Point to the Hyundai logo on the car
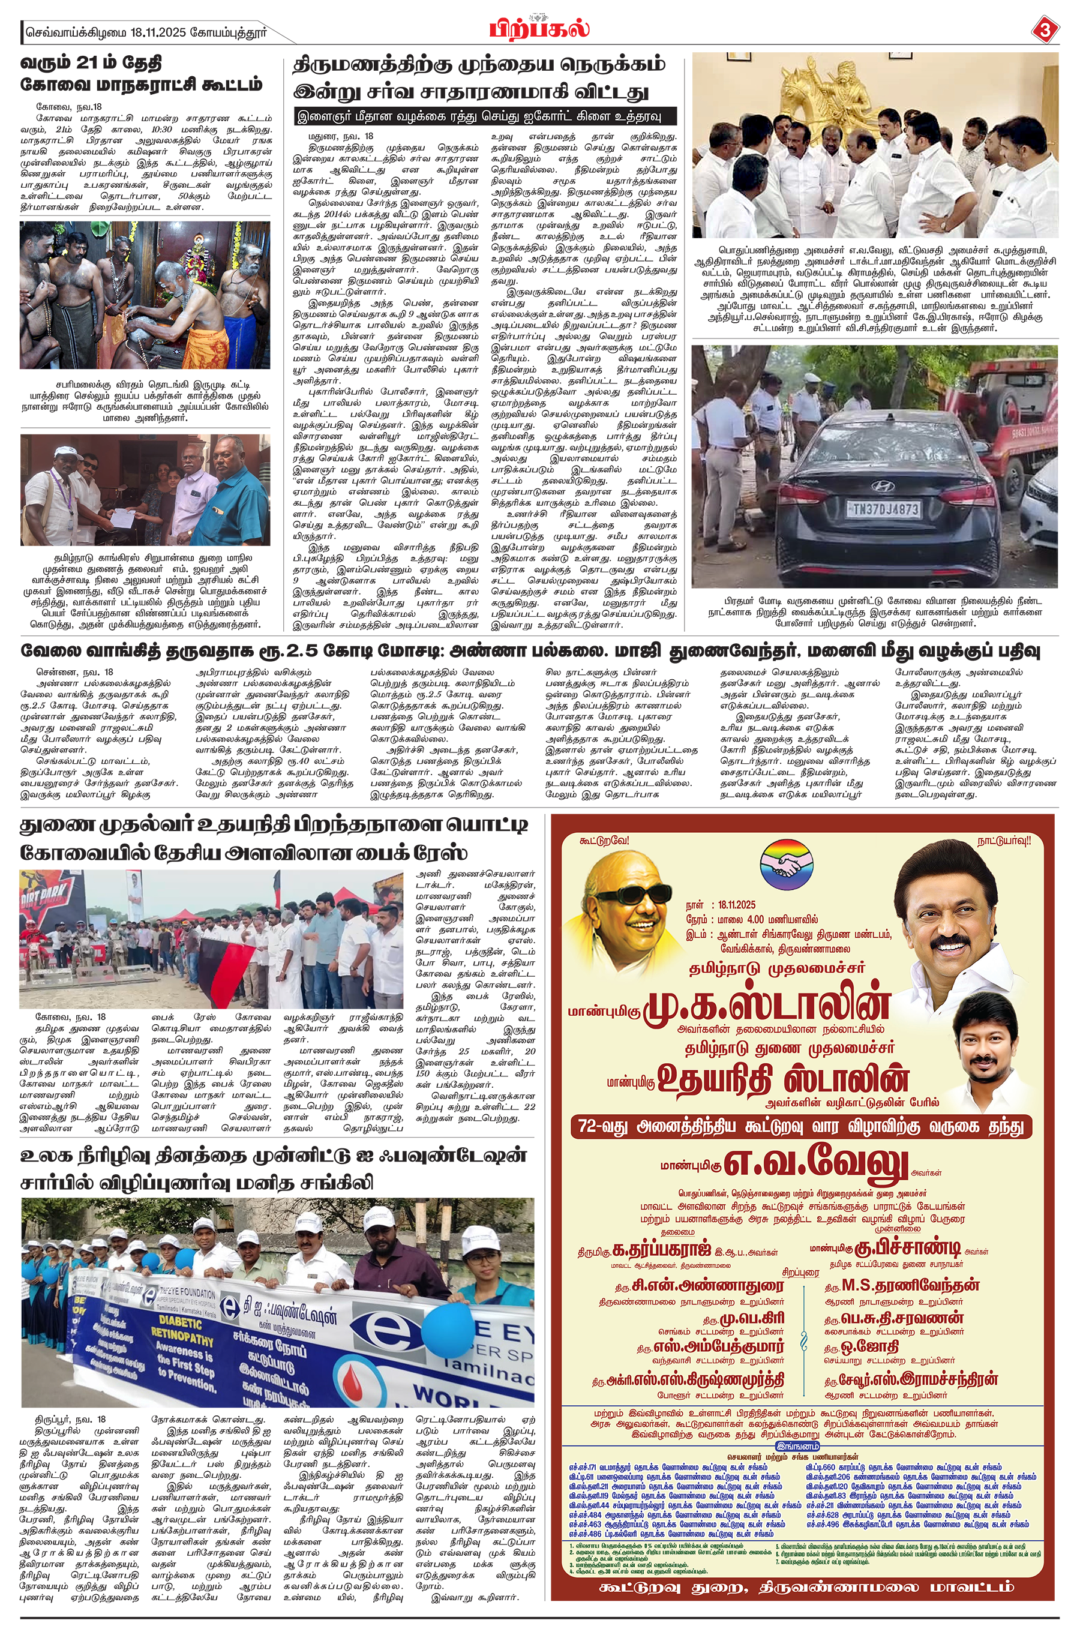pyautogui.click(x=883, y=485)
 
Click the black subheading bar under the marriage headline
pyautogui.click(x=484, y=116)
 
